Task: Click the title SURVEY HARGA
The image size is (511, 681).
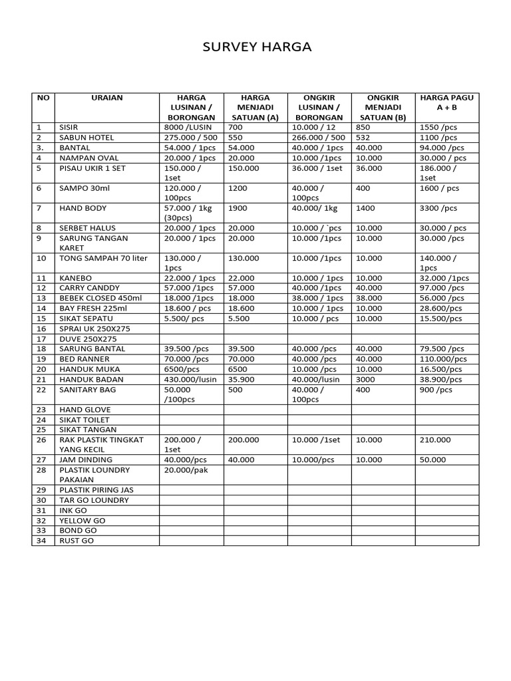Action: pos(256,47)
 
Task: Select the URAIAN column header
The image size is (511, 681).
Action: pos(106,98)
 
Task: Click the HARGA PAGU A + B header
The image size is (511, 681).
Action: pos(446,102)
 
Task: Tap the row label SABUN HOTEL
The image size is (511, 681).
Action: pos(86,137)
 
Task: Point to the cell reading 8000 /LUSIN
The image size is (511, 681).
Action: pos(187,127)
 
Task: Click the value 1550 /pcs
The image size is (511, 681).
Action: pos(439,127)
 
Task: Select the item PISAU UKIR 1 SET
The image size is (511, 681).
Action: pos(92,168)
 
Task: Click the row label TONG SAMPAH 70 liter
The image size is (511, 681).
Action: pos(104,258)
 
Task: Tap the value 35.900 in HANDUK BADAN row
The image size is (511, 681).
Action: pos(242,379)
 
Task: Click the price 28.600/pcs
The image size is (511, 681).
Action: pos(440,309)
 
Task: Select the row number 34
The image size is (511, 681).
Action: pos(42,541)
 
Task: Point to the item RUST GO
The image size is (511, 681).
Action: pos(77,541)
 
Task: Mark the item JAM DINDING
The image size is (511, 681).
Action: pos(86,460)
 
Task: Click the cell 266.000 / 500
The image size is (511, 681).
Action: pos(317,137)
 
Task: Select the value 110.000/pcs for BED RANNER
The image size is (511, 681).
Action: pos(443,359)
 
